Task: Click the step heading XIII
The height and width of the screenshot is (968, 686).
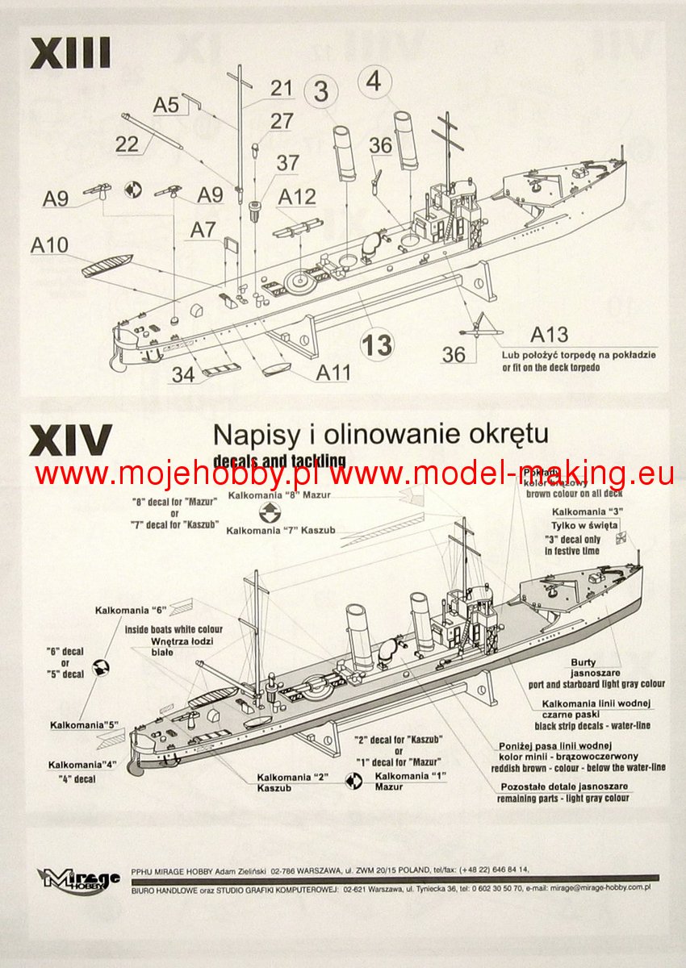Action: tap(70, 53)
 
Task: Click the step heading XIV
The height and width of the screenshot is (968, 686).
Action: tap(70, 440)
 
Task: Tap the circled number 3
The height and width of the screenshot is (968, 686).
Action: tap(321, 92)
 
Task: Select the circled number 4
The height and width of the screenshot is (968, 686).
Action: tap(374, 81)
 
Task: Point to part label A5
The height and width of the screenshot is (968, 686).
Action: tap(166, 104)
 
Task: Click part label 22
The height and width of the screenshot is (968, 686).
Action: tap(127, 144)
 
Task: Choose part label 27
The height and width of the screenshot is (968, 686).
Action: tap(282, 122)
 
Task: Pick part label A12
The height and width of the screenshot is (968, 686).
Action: tap(297, 196)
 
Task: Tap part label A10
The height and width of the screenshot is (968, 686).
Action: tap(49, 244)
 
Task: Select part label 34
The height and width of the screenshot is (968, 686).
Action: tap(184, 373)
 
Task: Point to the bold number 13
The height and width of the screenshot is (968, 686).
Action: tap(377, 345)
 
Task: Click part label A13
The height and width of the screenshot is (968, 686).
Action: tap(550, 335)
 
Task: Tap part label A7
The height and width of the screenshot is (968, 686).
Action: tap(203, 230)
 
